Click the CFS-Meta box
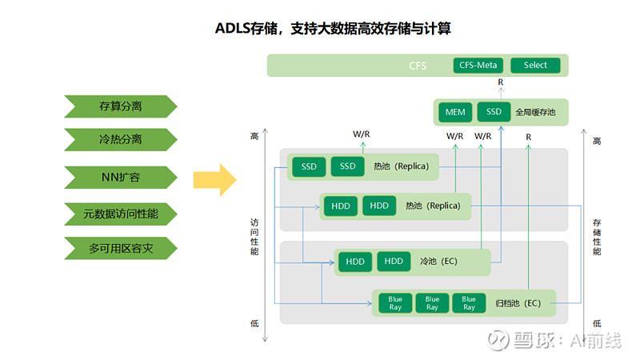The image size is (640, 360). click(478, 66)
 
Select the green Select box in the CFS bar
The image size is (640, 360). click(535, 66)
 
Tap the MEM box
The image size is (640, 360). click(454, 112)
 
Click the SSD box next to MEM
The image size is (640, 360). click(494, 112)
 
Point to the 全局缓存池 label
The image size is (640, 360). click(537, 112)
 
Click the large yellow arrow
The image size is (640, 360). click(214, 178)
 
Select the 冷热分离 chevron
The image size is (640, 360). click(120, 140)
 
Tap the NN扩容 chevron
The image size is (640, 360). click(120, 177)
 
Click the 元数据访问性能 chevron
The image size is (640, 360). click(120, 214)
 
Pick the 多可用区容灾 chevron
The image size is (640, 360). click(120, 249)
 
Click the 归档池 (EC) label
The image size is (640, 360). click(518, 303)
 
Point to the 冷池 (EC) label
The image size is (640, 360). click(438, 262)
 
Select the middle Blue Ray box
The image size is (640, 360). click(432, 303)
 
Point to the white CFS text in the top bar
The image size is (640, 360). click(418, 66)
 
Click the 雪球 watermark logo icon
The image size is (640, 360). click(499, 341)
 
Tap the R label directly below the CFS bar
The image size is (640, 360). click(501, 82)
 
